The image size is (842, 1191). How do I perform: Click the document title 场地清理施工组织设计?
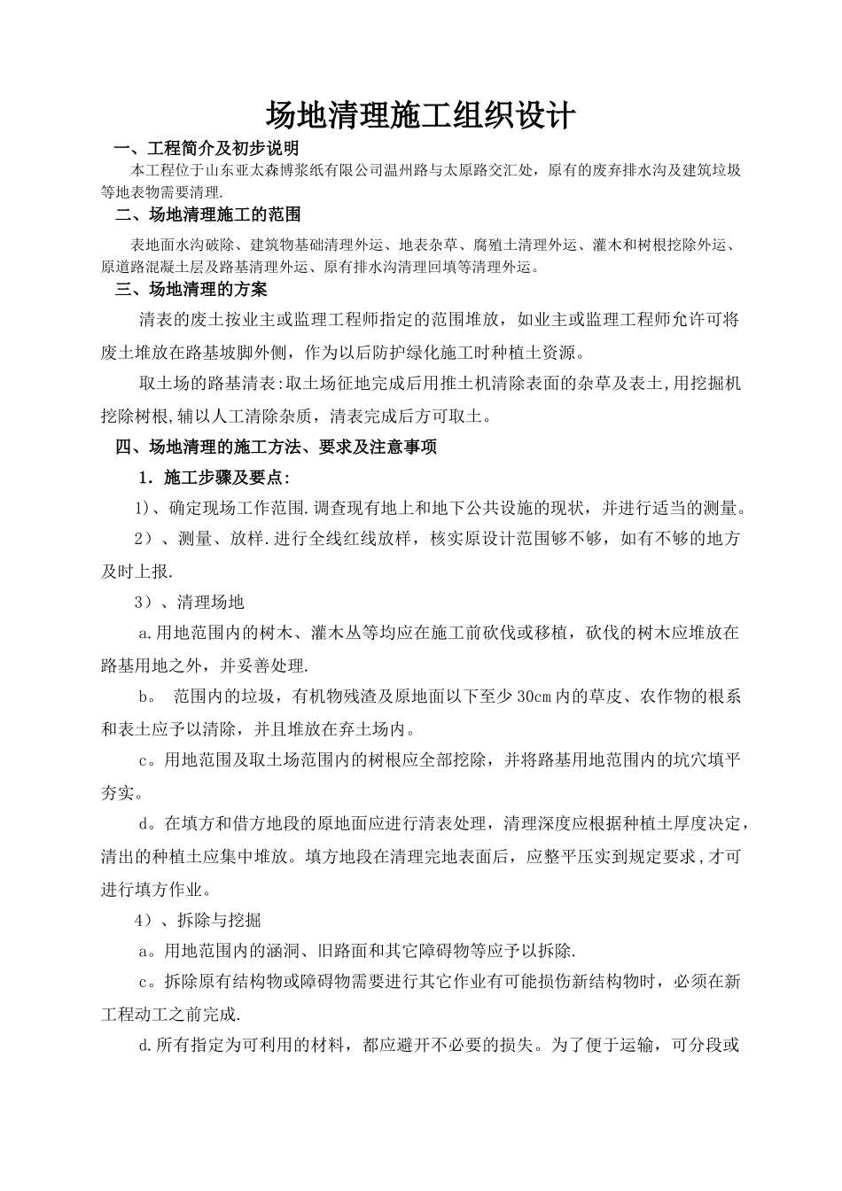coord(421,115)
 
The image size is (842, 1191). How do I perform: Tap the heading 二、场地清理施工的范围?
coord(208,214)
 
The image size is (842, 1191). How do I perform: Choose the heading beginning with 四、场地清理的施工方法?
coord(277,448)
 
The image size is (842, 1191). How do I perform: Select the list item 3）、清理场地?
coord(189,603)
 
